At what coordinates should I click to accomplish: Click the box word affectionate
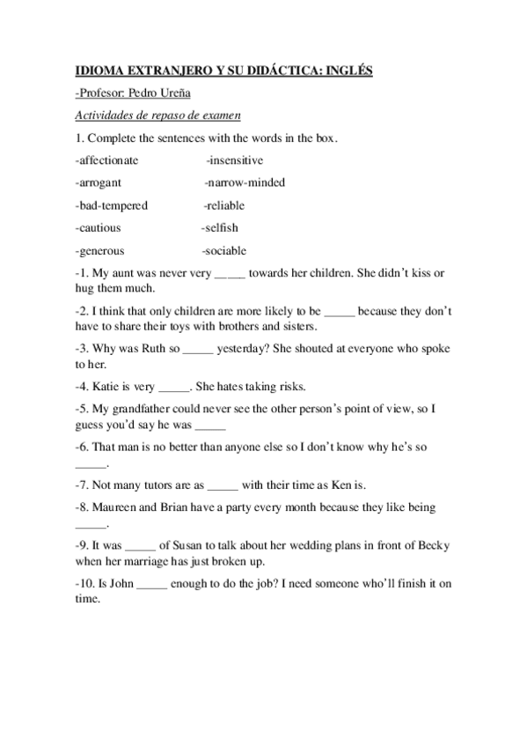108,160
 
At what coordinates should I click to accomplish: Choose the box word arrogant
99,182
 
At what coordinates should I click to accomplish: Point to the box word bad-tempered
113,205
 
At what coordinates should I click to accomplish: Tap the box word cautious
99,228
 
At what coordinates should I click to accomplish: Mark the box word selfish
221,228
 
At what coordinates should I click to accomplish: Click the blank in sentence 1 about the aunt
230,275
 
